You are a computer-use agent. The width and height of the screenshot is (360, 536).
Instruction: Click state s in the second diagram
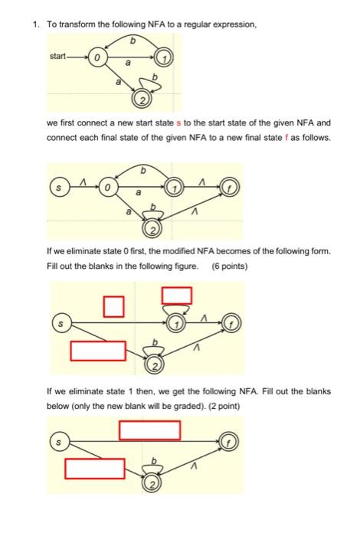click(x=57, y=185)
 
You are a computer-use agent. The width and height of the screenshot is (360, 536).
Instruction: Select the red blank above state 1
click(x=176, y=295)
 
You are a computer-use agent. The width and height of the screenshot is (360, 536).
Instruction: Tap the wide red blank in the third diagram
click(x=98, y=351)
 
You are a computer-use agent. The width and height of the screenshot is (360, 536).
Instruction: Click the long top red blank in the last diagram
click(x=150, y=430)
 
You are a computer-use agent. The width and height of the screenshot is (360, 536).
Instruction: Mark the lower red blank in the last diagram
click(x=94, y=468)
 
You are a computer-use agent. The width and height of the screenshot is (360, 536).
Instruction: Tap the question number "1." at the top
click(x=35, y=25)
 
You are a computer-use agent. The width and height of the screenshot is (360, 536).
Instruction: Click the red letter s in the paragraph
click(x=179, y=123)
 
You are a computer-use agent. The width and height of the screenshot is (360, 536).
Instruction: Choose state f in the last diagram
click(x=230, y=441)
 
